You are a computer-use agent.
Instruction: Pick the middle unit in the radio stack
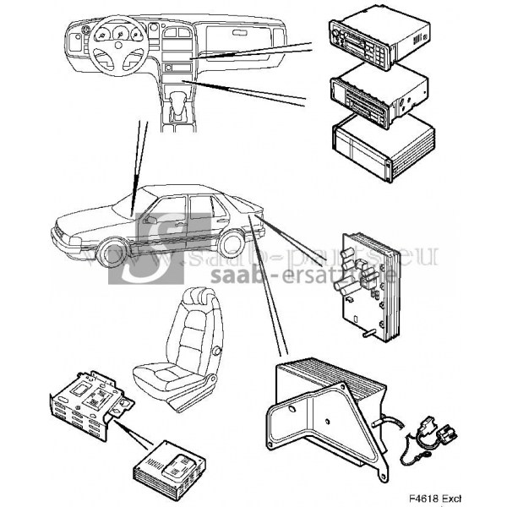pyautogui.click(x=378, y=95)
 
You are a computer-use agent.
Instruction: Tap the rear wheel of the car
pyautogui.click(x=229, y=244)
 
